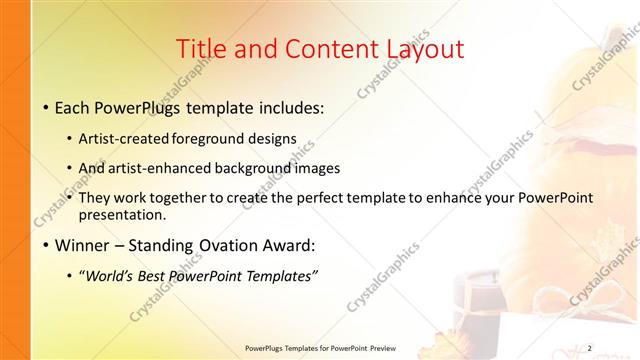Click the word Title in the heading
coord(200,49)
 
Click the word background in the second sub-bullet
coord(266,168)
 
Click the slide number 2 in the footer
coord(589,348)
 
